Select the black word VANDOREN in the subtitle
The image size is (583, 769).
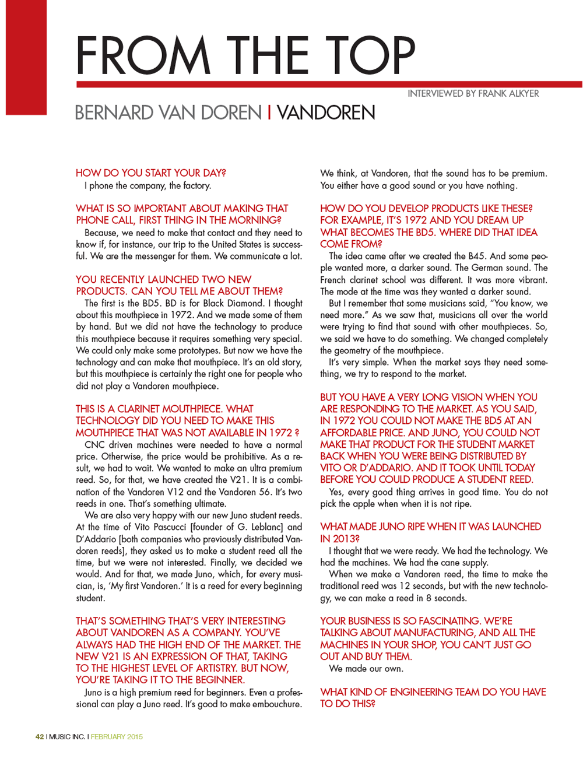pos(326,113)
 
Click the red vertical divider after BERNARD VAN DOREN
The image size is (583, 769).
pos(269,113)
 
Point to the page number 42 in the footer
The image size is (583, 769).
pos(40,736)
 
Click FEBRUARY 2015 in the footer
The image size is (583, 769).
pos(117,736)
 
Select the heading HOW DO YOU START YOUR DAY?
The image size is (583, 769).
pos(150,173)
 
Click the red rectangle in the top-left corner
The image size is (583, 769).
pos(26,57)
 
